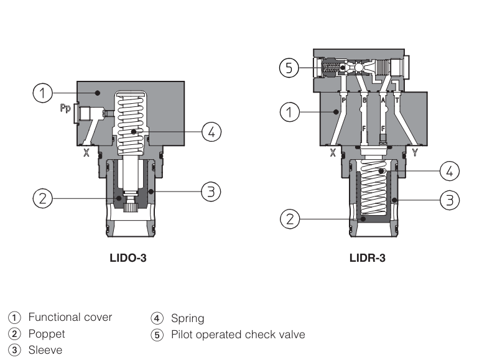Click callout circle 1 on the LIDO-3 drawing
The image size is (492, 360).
coord(42,94)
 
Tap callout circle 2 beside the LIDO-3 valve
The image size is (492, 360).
coord(42,199)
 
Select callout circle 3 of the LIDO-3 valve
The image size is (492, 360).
coord(210,192)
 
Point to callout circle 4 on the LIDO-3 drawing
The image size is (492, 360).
coord(211,131)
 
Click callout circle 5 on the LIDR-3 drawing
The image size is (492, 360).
coord(287,67)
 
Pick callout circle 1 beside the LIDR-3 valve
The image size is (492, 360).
coord(287,112)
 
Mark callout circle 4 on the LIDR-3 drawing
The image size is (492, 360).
coord(450,170)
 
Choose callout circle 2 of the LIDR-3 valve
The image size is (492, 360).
coord(287,218)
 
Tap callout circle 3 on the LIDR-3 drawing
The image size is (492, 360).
coord(450,200)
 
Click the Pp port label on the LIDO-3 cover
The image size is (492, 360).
coord(64,108)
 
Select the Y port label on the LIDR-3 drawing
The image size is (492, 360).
coord(415,152)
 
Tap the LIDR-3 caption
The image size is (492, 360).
coord(367,257)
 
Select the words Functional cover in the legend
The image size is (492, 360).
coord(70,317)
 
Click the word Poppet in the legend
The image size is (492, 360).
coord(47,334)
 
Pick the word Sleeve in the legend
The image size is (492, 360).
coord(45,350)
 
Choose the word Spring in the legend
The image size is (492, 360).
coord(187,319)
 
